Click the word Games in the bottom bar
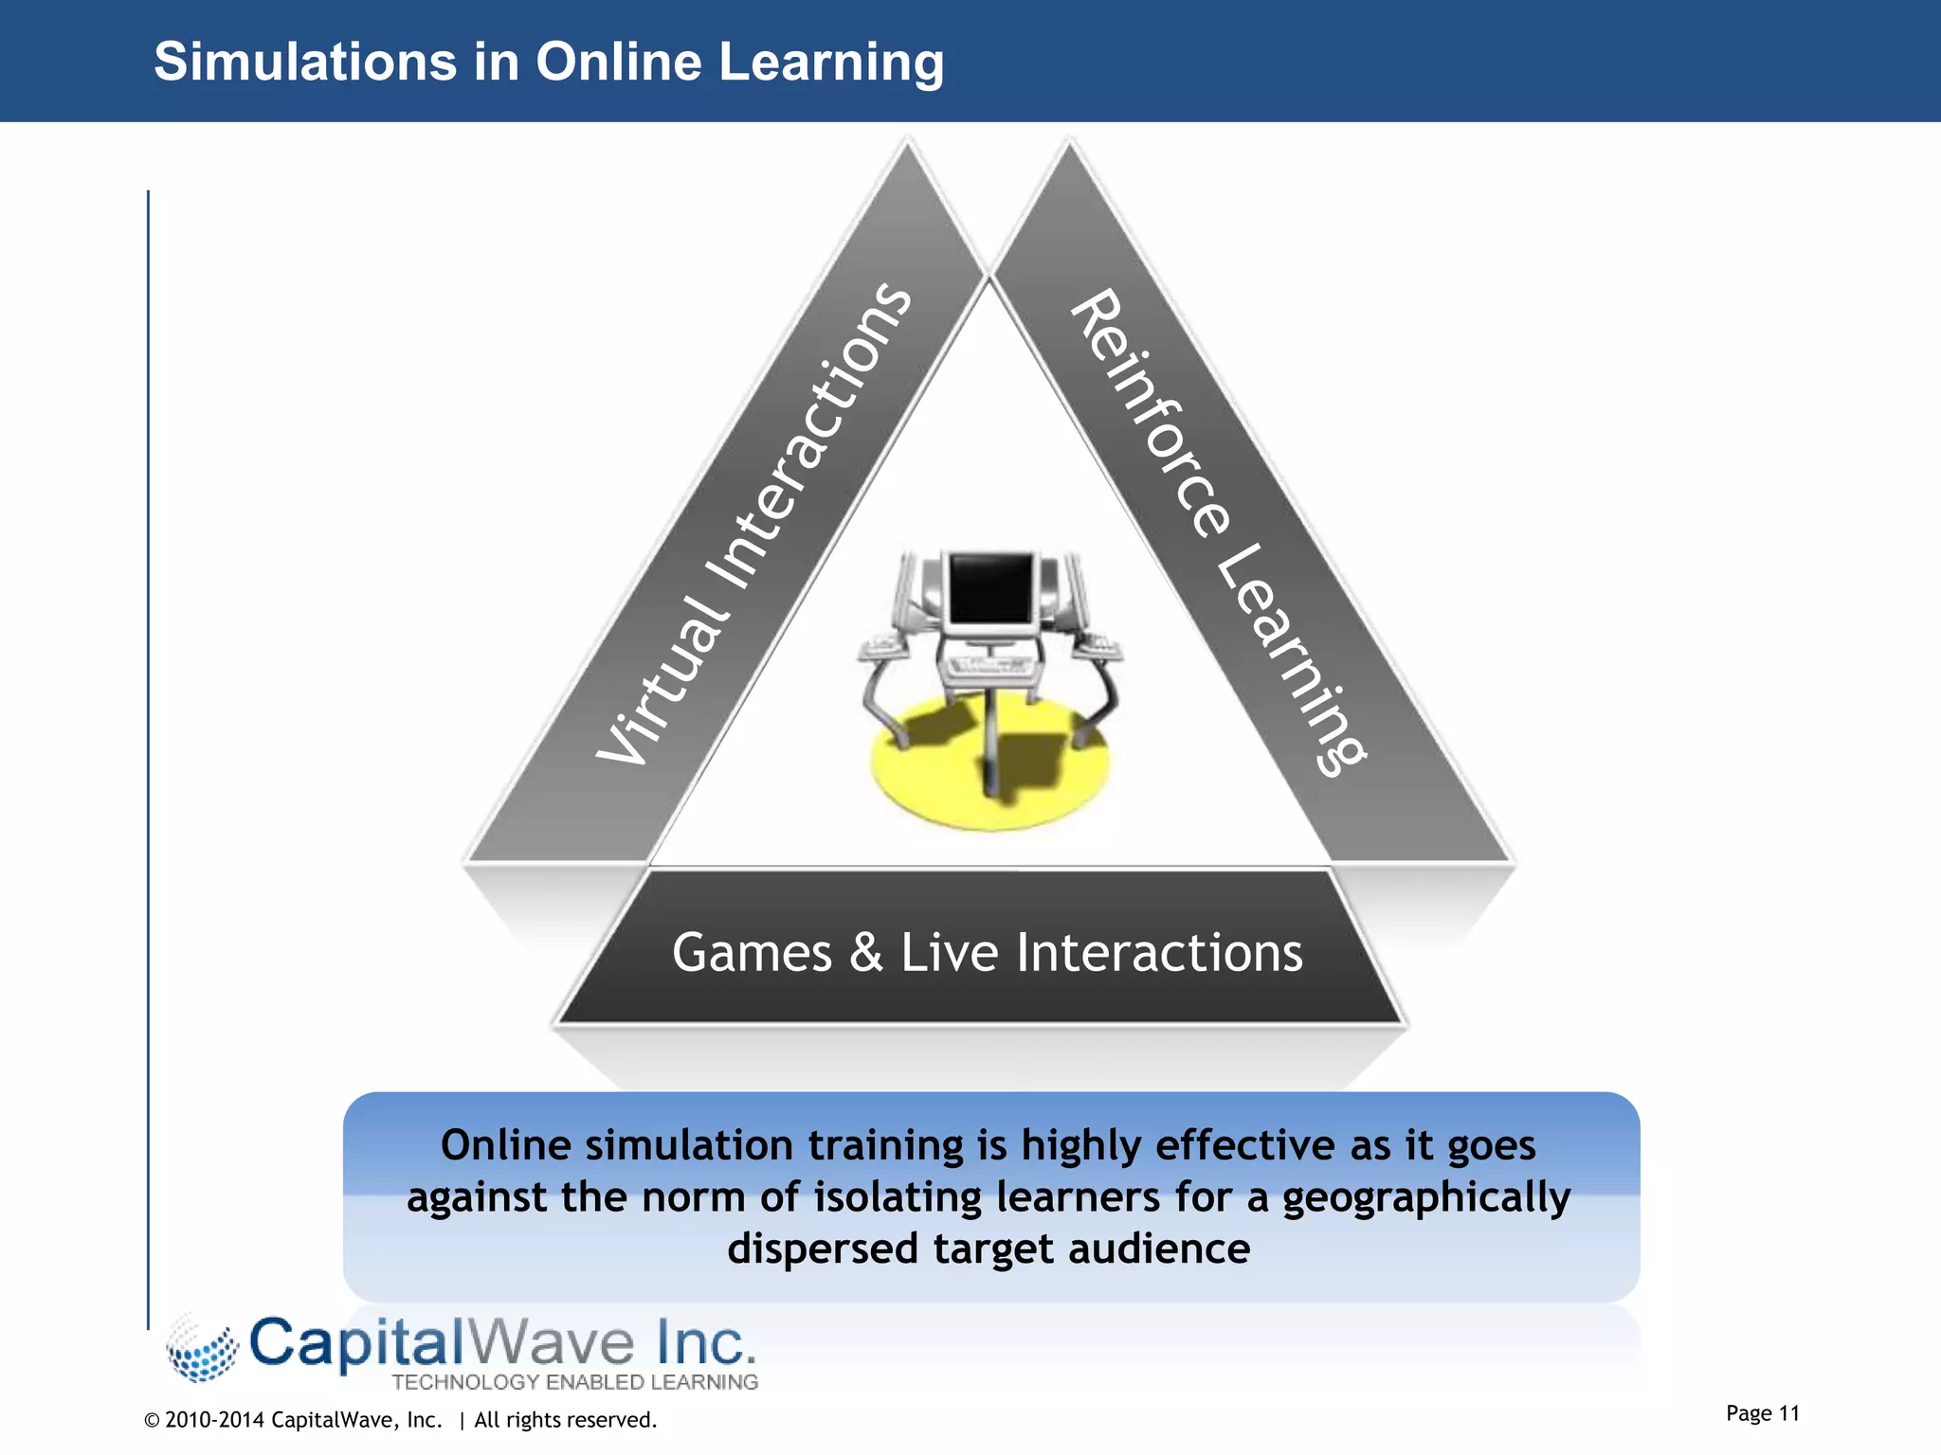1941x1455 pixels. [752, 953]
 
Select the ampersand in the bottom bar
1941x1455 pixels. [866, 953]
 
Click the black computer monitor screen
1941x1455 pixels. [990, 586]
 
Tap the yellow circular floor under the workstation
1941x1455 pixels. [948, 786]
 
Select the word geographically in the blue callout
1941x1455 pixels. [1425, 1198]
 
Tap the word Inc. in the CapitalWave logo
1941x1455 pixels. [706, 1343]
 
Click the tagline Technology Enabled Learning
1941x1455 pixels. [574, 1382]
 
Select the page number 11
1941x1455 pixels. [1788, 1413]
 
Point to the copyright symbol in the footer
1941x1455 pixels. [152, 1420]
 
